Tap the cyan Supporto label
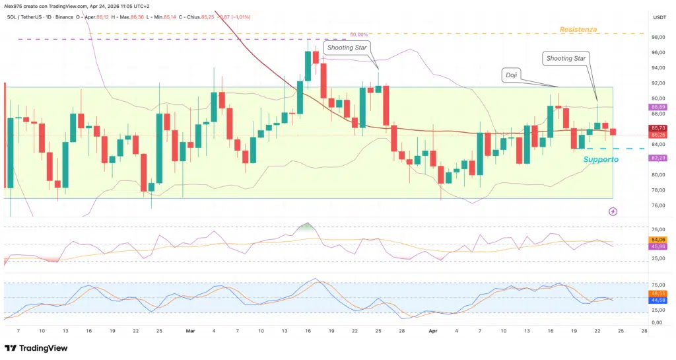(x=601, y=160)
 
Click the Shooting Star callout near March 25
(x=346, y=47)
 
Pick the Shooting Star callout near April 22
(x=566, y=58)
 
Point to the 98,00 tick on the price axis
(x=658, y=38)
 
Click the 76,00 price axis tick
(x=658, y=205)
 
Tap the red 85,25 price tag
(x=658, y=135)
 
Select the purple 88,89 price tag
(x=658, y=107)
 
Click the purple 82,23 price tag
(x=658, y=158)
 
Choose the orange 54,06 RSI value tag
(x=658, y=239)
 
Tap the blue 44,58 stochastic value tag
(x=658, y=300)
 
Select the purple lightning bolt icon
(x=613, y=211)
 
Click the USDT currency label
(x=659, y=17)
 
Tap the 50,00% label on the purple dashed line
(x=359, y=34)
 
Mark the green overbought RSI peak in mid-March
(x=304, y=226)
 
